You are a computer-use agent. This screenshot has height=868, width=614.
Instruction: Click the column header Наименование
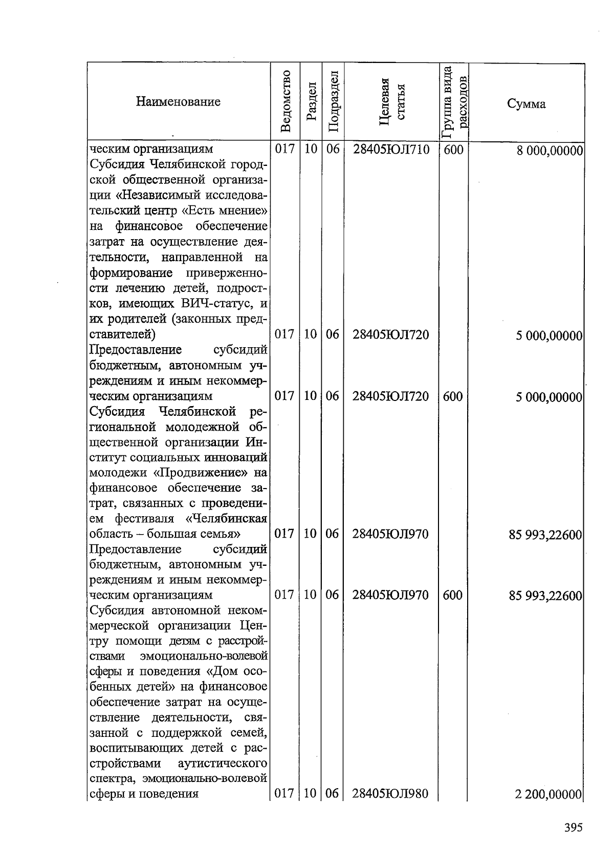point(178,101)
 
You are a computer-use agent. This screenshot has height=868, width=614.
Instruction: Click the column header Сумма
point(527,104)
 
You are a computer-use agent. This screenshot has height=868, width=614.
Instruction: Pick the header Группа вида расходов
point(454,102)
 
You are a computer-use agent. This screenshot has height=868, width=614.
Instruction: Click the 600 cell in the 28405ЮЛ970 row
point(453,595)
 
